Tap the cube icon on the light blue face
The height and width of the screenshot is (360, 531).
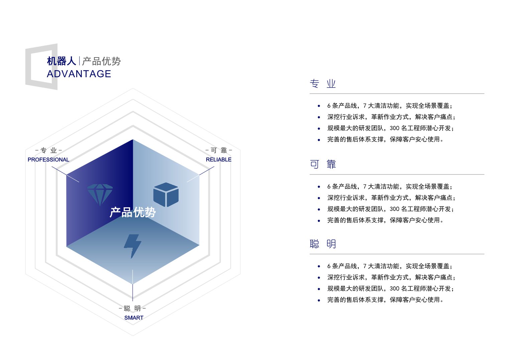click(x=166, y=195)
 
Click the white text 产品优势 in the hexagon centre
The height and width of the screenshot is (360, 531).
click(x=132, y=212)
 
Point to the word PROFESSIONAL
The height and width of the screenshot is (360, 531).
click(x=48, y=159)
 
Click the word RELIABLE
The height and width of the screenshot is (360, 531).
click(x=219, y=159)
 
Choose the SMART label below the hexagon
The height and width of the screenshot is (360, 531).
click(x=134, y=318)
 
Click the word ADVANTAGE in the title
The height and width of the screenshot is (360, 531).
click(x=79, y=74)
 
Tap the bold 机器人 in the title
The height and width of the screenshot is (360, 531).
click(x=62, y=61)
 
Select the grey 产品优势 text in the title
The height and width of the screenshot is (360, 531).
click(x=101, y=61)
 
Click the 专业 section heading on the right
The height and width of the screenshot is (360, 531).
click(x=323, y=84)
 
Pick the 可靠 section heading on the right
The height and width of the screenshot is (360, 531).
click(x=323, y=164)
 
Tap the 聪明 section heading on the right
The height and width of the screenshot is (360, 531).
click(x=323, y=244)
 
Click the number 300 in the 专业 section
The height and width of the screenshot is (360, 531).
click(x=395, y=128)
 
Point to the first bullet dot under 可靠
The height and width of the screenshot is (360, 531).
click(x=319, y=187)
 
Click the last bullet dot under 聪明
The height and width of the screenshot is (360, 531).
click(x=319, y=300)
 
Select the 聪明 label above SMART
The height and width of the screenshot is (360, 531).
click(x=132, y=308)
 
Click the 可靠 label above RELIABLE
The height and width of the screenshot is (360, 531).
click(x=219, y=150)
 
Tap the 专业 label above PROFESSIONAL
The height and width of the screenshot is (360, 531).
click(x=48, y=150)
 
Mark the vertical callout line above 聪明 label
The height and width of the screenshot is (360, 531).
click(x=132, y=285)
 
